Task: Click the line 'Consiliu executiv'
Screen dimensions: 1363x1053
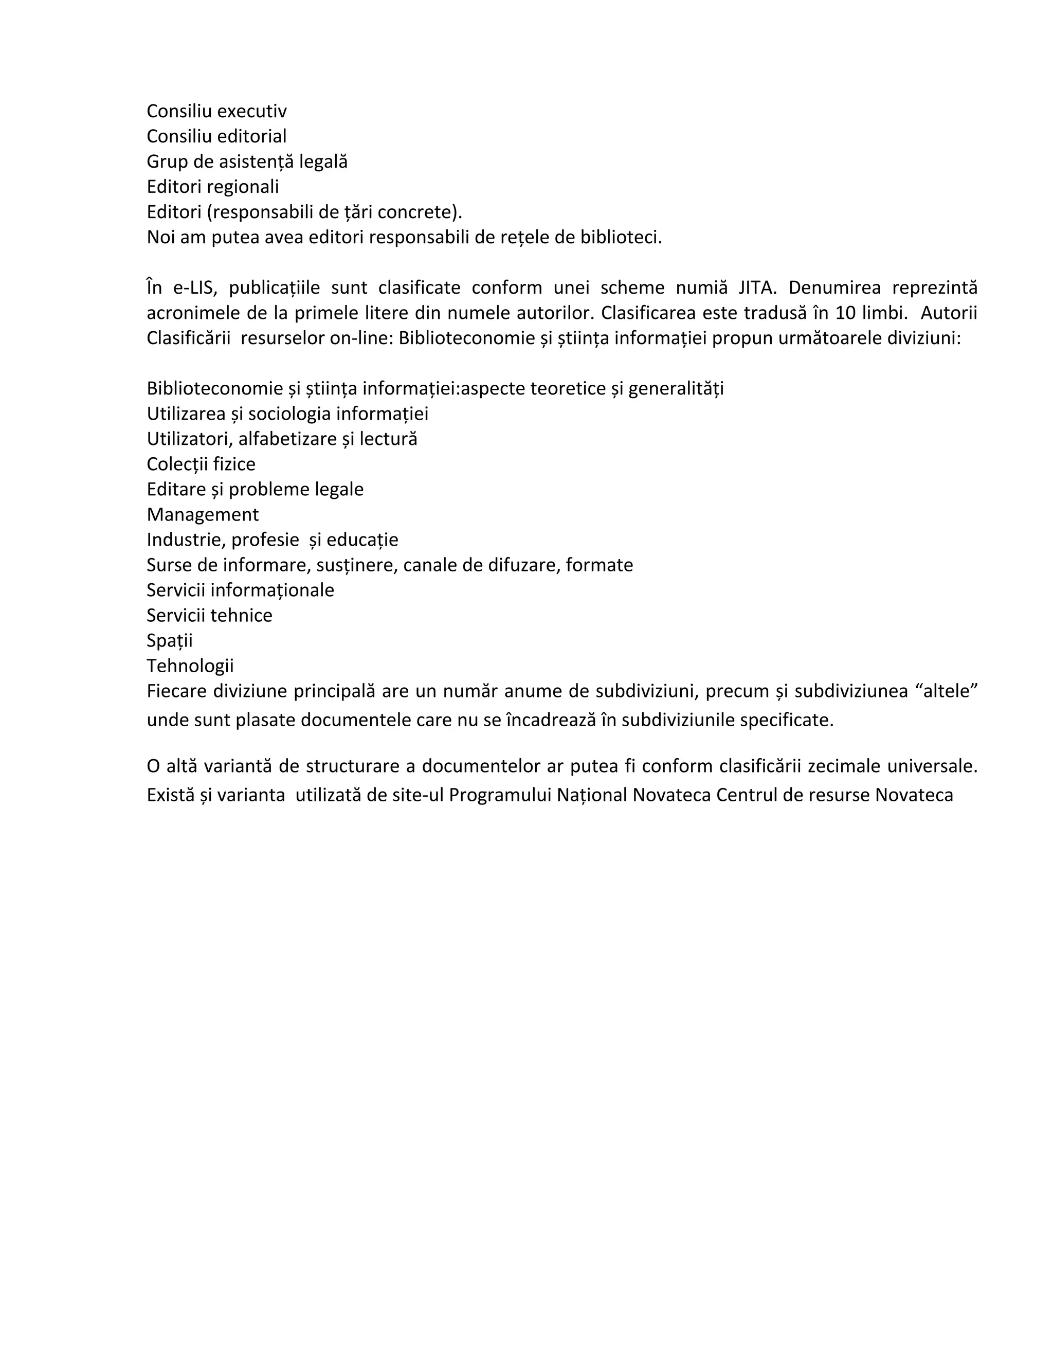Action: tap(216, 111)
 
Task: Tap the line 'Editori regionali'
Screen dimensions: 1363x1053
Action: tap(213, 187)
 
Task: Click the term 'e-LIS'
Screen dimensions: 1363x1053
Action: tap(195, 288)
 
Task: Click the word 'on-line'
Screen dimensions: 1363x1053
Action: tap(359, 338)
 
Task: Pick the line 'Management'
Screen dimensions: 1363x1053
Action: tap(203, 515)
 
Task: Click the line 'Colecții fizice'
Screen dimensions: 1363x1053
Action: tap(201, 464)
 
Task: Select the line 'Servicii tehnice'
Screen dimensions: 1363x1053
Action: tap(210, 615)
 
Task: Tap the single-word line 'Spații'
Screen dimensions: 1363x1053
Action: tap(170, 641)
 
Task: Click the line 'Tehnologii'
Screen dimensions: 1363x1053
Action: tap(190, 666)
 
